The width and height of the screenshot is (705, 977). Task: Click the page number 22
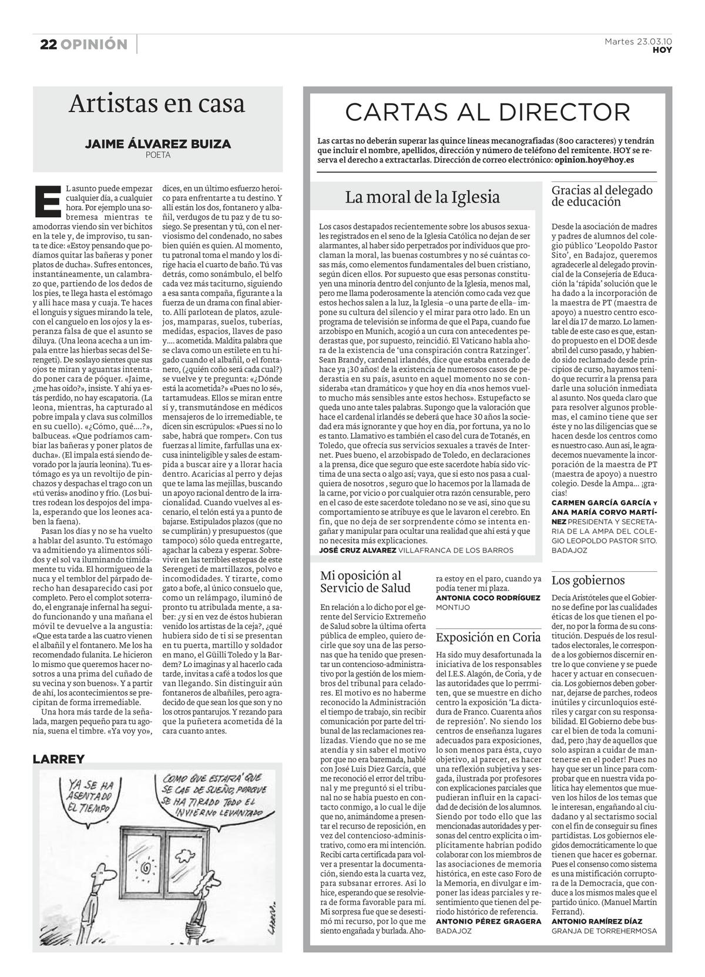coord(48,45)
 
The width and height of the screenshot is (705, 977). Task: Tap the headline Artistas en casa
coord(156,104)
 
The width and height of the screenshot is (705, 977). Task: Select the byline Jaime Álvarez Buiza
coord(158,144)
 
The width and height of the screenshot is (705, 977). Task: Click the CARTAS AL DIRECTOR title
coord(487,112)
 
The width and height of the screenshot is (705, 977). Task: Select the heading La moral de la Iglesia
coord(422,197)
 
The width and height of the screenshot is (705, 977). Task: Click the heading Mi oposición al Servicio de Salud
coord(365,582)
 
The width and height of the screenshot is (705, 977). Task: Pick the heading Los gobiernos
coord(587,581)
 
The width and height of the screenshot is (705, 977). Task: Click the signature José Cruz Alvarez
coord(357,550)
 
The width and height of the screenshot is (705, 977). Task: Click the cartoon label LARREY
coord(59,759)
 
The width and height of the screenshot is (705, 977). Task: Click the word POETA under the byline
coord(158,156)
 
